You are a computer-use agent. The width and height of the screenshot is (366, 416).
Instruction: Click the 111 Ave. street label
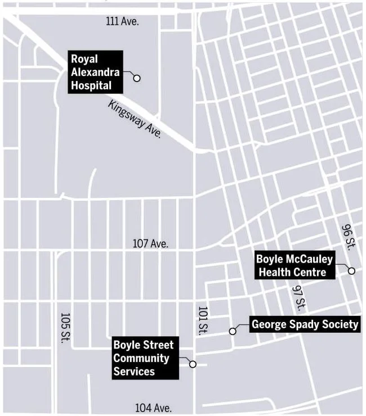click(x=122, y=21)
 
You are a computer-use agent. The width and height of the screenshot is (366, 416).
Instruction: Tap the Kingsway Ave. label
click(x=135, y=119)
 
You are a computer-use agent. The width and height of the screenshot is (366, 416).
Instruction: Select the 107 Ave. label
click(x=150, y=244)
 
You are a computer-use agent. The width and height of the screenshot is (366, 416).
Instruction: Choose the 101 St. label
click(x=203, y=321)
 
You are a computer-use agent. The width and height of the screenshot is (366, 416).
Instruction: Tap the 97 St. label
click(x=300, y=297)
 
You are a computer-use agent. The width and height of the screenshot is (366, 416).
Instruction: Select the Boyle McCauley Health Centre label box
click(x=294, y=265)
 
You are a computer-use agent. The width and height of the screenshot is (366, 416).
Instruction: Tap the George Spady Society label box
click(x=305, y=324)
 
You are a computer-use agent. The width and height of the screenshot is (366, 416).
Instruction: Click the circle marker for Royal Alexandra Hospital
click(x=136, y=78)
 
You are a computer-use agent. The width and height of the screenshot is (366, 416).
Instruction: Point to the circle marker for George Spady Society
click(x=232, y=331)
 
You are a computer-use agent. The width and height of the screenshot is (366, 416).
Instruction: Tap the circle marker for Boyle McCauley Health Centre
click(x=351, y=271)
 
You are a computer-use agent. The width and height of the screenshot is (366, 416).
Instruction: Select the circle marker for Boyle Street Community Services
click(x=193, y=364)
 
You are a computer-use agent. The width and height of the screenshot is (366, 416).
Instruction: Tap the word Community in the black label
click(x=141, y=358)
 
